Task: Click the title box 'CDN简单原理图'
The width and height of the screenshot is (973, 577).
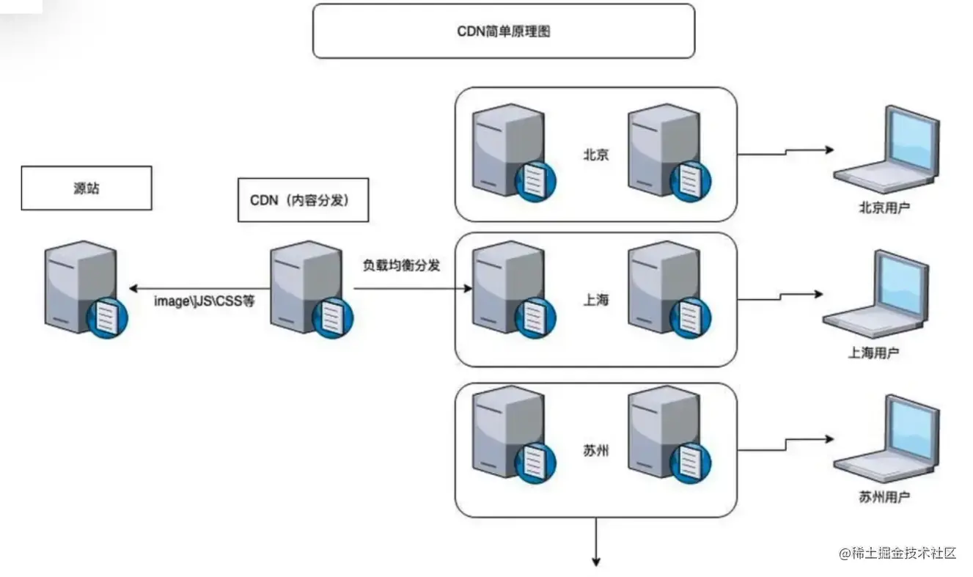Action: [503, 32]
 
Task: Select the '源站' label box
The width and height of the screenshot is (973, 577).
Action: [87, 188]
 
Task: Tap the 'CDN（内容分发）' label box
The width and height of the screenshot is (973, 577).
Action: [303, 199]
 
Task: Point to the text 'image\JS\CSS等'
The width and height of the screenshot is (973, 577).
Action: [204, 301]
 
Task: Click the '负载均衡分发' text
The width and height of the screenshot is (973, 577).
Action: [402, 265]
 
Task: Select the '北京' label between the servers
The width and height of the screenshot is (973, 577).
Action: [595, 155]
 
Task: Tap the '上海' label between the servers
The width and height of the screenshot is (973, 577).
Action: [596, 300]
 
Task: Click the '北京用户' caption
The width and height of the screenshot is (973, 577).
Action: [884, 207]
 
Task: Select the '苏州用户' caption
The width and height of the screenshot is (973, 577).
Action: [884, 497]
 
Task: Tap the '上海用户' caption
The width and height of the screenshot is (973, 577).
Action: [873, 353]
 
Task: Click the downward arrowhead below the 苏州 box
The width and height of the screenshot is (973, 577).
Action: [596, 561]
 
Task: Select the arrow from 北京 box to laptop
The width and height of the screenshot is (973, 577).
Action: [785, 152]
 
